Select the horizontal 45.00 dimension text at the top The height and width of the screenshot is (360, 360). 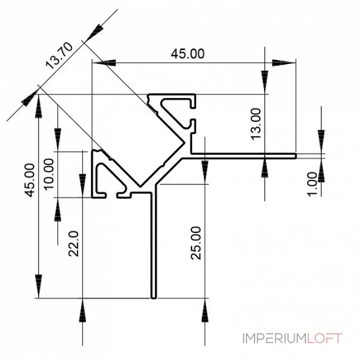coord(187,54)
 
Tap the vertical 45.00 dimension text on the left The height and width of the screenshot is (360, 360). coord(30,180)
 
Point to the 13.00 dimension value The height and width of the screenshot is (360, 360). coord(255,124)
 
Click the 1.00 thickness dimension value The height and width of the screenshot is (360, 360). coord(315,182)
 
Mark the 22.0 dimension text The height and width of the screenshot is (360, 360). coord(74,243)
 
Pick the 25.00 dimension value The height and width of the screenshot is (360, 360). coord(196,243)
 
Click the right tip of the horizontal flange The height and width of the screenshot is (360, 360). coord(295,156)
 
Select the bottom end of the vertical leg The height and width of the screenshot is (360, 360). coord(153,297)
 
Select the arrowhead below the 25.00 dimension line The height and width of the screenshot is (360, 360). coord(205,310)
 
